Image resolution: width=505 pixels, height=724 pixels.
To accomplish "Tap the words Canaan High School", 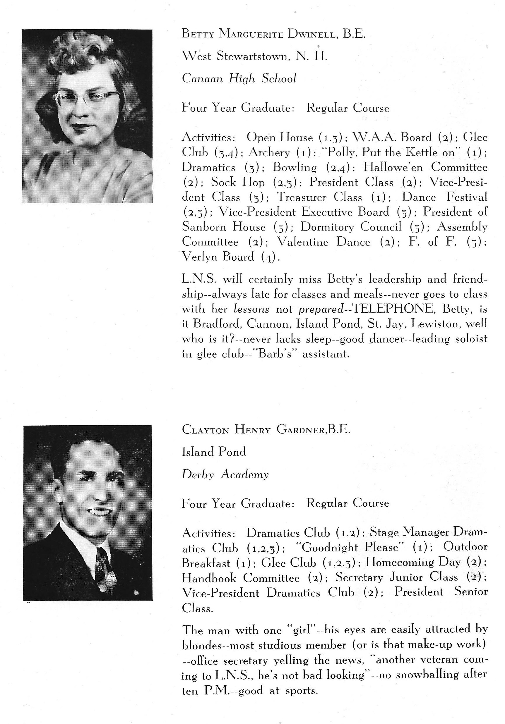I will (x=239, y=78).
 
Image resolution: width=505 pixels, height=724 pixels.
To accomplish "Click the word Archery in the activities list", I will (x=269, y=152).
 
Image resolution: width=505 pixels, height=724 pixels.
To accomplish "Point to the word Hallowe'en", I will (x=393, y=167).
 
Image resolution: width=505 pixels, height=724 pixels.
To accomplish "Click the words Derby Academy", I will (x=225, y=474).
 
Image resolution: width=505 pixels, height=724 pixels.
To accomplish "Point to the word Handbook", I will (x=209, y=578).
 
